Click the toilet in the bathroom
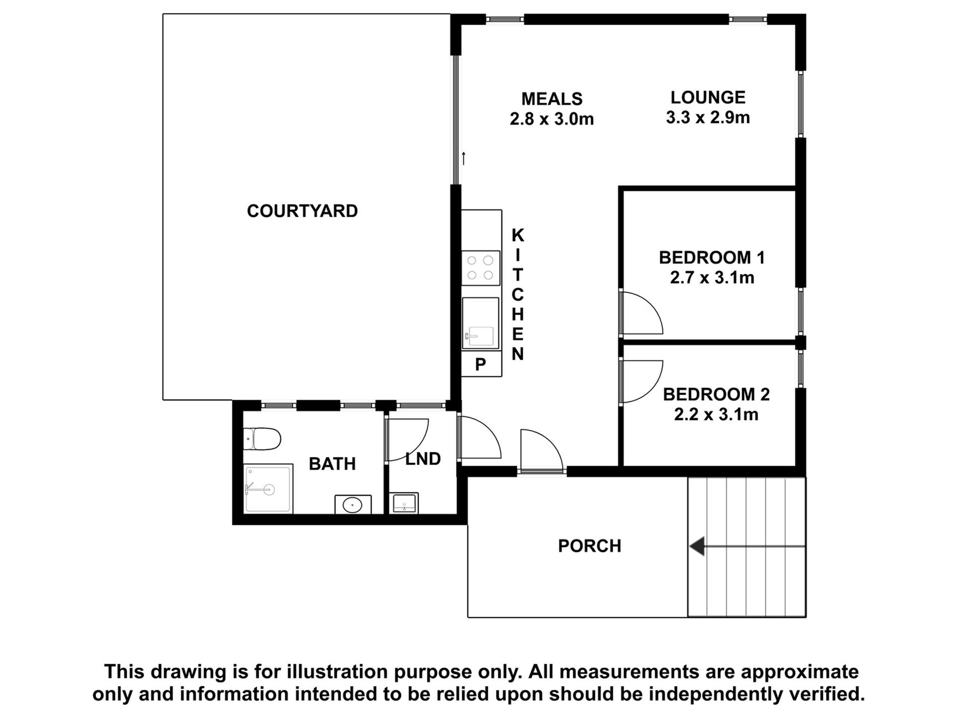point(261,439)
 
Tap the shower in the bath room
point(268,488)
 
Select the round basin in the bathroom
point(353,504)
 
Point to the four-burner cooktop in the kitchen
point(481,268)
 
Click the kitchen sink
point(481,323)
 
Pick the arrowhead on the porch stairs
point(697,546)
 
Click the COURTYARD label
point(302,211)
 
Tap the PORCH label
point(589,546)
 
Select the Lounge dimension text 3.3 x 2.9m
point(708,117)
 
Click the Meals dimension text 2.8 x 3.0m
point(552,119)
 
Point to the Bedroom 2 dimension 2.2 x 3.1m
point(716,414)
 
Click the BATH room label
point(332,464)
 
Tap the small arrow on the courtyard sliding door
point(463,158)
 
